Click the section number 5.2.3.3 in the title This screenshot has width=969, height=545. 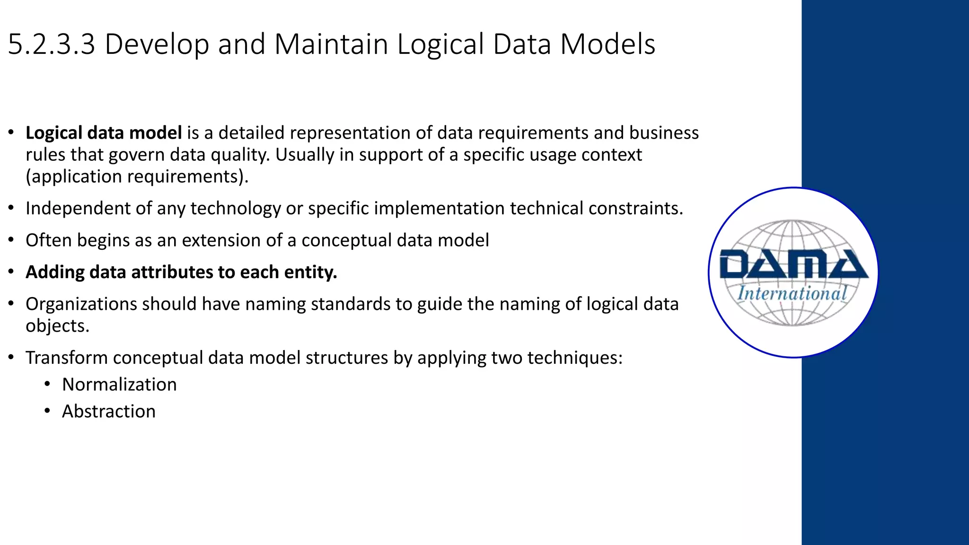tap(52, 44)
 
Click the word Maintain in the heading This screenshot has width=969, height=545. tap(331, 44)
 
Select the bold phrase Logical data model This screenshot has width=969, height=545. tap(104, 133)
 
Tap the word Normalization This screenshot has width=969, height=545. tap(119, 385)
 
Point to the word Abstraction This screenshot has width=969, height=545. tap(108, 412)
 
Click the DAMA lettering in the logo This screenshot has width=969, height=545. tap(793, 264)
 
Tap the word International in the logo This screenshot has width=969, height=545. tap(792, 293)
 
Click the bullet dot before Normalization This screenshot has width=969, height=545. tap(47, 384)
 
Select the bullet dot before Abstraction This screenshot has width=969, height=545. tap(47, 411)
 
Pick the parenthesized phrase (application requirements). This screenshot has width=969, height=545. tap(137, 177)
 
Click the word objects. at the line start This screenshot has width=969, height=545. tap(57, 326)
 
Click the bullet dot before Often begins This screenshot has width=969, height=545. tap(11, 240)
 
